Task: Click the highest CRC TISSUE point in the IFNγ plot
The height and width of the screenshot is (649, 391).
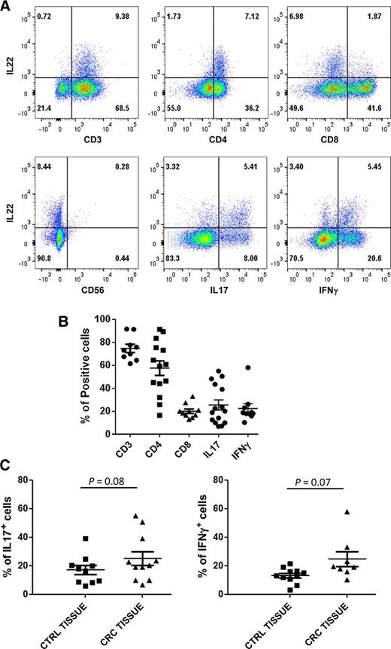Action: tap(348, 512)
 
